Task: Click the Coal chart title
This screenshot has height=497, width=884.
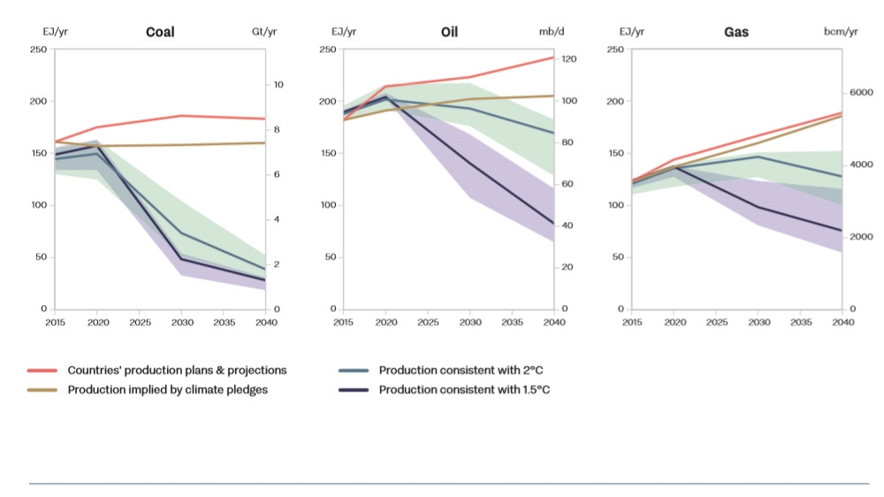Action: click(160, 32)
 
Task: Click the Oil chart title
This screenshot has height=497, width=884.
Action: click(449, 32)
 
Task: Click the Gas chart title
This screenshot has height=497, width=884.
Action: click(735, 32)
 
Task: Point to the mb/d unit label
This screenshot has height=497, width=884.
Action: click(552, 32)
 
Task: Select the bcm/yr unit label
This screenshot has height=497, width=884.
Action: click(840, 32)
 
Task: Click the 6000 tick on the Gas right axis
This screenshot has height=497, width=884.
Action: click(861, 93)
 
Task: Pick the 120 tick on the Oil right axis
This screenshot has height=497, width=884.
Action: click(570, 59)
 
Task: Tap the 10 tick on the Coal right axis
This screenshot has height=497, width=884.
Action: click(278, 85)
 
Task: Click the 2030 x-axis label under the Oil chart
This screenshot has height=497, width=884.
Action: click(469, 323)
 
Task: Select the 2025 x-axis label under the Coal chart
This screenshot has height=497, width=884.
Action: click(140, 323)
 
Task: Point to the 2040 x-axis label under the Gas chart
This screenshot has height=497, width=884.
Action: click(842, 323)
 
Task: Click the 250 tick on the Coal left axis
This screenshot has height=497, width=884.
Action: click(39, 49)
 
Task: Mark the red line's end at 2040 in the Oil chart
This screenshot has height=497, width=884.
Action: click(554, 57)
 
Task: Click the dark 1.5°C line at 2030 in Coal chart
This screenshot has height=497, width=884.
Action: click(181, 258)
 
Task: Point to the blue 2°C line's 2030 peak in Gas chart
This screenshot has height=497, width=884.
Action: click(758, 157)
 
